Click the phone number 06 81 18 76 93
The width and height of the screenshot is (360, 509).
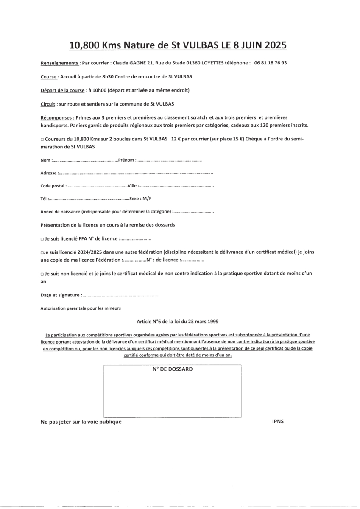coord(271,63)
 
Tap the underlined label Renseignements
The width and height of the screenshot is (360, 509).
coord(59,63)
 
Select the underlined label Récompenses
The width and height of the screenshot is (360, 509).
coord(57,117)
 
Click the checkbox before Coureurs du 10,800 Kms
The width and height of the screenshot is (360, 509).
coord(42,140)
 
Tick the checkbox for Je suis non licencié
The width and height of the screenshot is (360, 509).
coord(42,274)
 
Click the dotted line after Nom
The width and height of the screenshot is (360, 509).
coord(85,160)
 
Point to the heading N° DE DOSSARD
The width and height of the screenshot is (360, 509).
coord(172,369)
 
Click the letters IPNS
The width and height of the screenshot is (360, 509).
coord(278,422)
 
